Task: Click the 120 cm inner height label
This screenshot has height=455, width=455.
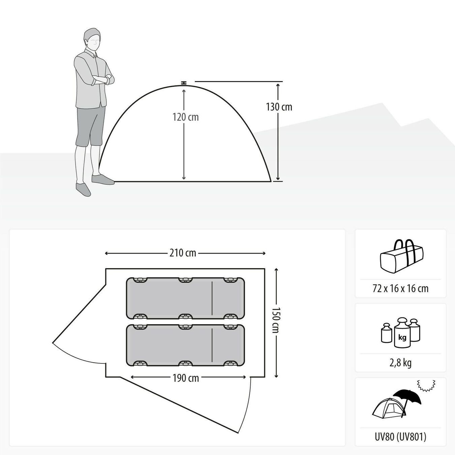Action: click(186, 117)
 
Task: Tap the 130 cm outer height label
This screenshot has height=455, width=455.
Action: click(279, 107)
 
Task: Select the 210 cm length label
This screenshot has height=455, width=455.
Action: click(183, 253)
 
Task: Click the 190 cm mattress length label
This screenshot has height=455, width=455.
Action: click(186, 378)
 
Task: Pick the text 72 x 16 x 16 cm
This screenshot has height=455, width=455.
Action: click(400, 289)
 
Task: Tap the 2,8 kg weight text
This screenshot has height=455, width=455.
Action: click(400, 362)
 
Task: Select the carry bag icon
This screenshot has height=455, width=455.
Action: click(402, 257)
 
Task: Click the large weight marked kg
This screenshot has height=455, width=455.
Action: click(402, 333)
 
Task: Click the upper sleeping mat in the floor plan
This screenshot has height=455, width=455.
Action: click(185, 298)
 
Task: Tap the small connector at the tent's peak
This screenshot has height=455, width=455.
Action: click(183, 83)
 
